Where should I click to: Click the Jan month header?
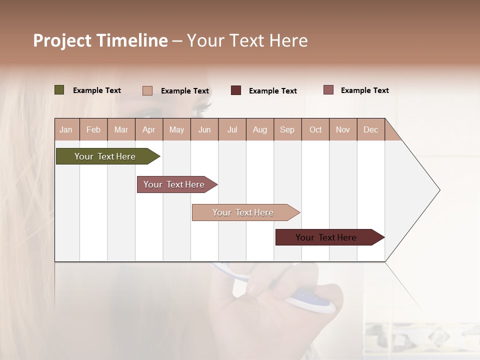(x=66, y=129)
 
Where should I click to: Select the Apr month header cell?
(x=149, y=129)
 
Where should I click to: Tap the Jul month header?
(x=232, y=129)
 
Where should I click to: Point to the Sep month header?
(x=287, y=129)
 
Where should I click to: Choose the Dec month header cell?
(x=370, y=129)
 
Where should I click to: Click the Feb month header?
(x=93, y=129)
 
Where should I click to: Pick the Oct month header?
(x=315, y=129)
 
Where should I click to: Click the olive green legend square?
(x=59, y=90)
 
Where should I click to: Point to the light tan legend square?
(x=147, y=90)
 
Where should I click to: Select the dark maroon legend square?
(x=236, y=90)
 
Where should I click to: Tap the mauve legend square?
(x=328, y=90)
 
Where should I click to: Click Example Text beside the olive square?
(x=97, y=90)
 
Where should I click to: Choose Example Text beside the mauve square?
(x=364, y=90)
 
